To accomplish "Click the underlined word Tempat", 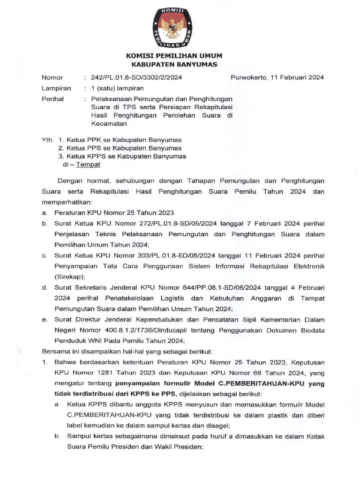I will point(89,165).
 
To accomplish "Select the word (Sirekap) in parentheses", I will point(70,277).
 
